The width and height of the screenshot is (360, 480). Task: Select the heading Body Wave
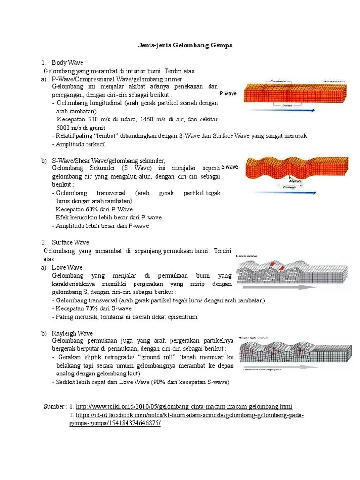67,62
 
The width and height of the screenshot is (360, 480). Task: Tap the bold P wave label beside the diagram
228,94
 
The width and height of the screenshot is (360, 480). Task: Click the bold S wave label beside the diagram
230,166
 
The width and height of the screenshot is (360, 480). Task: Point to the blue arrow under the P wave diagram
281,110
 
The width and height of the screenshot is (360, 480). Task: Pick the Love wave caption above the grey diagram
247,256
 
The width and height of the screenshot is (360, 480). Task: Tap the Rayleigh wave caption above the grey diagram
253,337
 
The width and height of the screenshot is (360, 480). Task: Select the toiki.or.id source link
184,406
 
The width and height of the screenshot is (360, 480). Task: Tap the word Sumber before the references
54,406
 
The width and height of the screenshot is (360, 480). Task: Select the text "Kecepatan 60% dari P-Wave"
94,209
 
